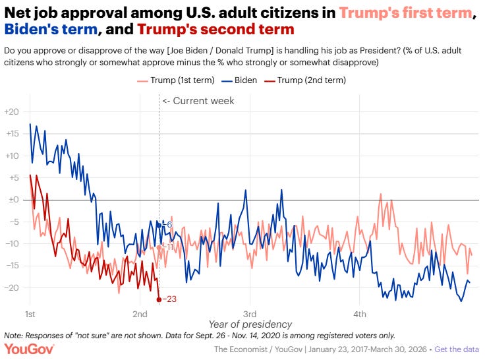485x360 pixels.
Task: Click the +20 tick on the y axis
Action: point(12,111)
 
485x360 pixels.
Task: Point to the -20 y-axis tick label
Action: point(12,288)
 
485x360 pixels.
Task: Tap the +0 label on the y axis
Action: point(12,200)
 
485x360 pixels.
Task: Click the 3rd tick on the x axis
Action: point(249,313)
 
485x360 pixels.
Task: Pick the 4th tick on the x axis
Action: point(359,313)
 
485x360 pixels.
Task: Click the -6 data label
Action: point(167,225)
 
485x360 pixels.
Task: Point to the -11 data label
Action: point(167,247)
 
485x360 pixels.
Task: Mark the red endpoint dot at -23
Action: point(159,299)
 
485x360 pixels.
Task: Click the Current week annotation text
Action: point(198,101)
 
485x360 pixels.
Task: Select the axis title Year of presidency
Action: point(250,324)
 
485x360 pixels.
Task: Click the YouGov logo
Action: point(29,349)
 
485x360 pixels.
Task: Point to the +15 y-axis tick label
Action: point(12,134)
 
